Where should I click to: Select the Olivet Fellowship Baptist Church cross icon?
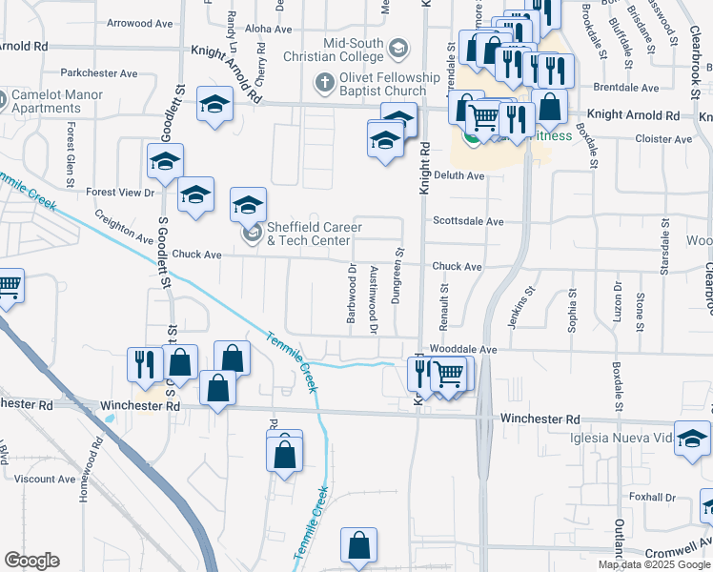(x=324, y=84)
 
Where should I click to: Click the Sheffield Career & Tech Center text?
(x=315, y=234)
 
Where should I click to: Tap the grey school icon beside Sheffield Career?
(x=252, y=234)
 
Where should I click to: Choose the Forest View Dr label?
(x=120, y=193)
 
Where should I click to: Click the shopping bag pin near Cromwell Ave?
(x=358, y=547)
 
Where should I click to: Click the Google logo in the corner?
(x=32, y=561)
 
